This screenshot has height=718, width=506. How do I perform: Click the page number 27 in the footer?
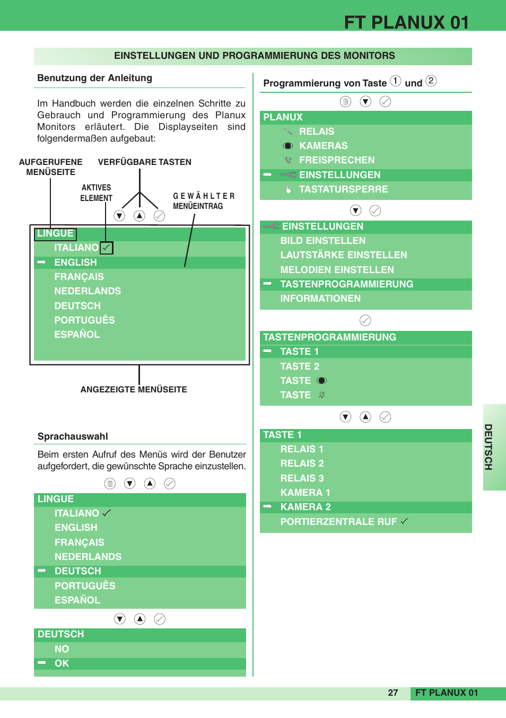coord(393,693)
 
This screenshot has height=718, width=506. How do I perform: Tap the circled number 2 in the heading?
coord(431,81)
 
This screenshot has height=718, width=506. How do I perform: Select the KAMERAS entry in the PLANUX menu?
coord(323,146)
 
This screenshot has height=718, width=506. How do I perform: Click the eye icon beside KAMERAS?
coord(287,146)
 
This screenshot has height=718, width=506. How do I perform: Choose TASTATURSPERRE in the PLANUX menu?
coord(343,189)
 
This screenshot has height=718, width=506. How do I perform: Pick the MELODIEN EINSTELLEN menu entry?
coord(337,269)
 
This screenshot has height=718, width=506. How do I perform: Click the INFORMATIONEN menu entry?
coord(320,299)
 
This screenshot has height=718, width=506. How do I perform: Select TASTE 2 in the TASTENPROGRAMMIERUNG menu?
coord(300,366)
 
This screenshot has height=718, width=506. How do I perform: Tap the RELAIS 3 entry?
coord(302,478)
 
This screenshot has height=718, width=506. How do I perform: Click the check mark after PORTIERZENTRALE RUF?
coord(404,521)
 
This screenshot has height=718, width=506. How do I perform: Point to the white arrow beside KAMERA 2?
coord(267,506)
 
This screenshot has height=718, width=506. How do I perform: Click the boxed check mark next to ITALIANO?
coord(106,248)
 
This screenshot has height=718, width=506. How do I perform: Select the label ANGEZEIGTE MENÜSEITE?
coord(133,389)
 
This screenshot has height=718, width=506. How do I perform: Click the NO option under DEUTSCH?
coord(62,649)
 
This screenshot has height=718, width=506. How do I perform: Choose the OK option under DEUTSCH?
coord(62,663)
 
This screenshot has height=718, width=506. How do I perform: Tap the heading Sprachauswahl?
coord(73,436)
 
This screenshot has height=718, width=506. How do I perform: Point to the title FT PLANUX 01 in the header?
coord(406,22)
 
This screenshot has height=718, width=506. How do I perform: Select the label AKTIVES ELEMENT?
coord(96,192)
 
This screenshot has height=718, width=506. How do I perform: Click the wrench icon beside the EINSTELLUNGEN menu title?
coord(271,226)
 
